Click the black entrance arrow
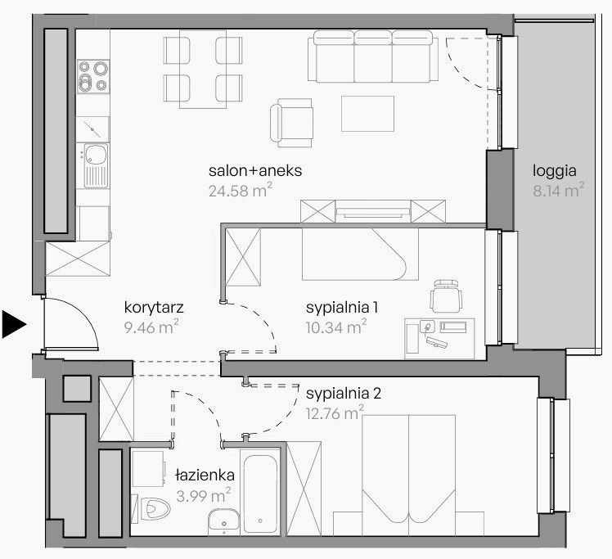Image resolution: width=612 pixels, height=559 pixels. (14, 324)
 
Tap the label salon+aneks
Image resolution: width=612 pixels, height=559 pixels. (255, 171)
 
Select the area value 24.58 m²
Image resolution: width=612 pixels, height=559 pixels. (240, 190)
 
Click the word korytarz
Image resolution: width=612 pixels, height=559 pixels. (154, 308)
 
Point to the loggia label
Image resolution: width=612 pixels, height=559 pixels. (554, 171)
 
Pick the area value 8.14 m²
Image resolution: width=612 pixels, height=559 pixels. (559, 190)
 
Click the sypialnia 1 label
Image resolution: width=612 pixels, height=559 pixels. (342, 308)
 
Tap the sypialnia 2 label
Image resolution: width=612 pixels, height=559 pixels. (344, 394)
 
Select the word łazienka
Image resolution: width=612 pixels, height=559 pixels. (205, 475)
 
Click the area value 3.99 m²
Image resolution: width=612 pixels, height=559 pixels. (204, 495)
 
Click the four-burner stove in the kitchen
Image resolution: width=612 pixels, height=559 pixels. (93, 76)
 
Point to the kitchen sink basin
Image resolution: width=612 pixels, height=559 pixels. (96, 155)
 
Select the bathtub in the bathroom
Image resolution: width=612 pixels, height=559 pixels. (260, 492)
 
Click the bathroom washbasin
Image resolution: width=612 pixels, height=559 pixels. (223, 521)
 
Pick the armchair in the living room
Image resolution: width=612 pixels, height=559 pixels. (291, 123)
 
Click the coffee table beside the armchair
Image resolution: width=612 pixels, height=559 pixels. (367, 114)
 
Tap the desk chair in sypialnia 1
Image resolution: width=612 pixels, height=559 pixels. (446, 296)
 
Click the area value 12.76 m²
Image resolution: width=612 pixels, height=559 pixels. (335, 413)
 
